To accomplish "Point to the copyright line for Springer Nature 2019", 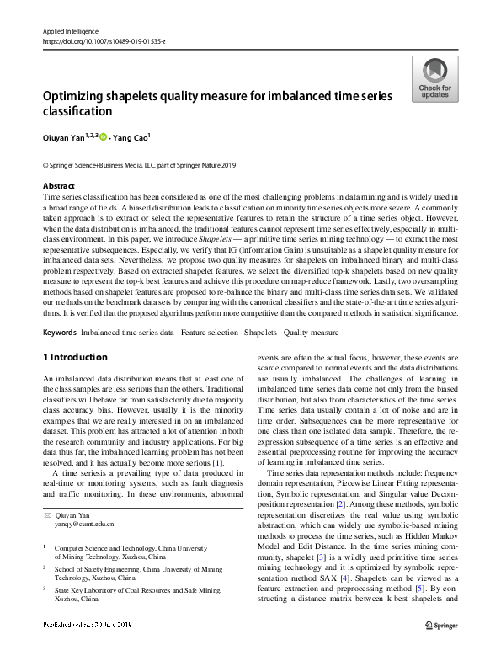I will click(139, 165).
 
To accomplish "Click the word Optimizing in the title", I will click(80, 97).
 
